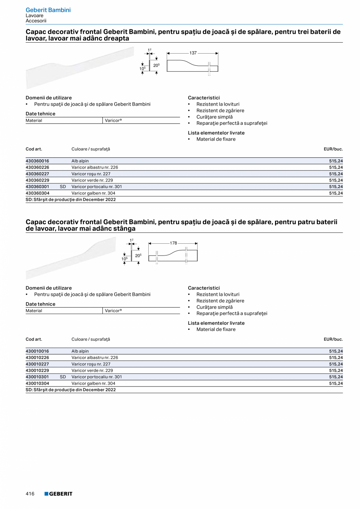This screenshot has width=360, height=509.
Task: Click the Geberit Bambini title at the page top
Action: point(48,10)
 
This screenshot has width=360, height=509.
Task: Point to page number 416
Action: point(30,494)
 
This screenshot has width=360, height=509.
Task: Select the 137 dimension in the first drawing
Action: point(193,53)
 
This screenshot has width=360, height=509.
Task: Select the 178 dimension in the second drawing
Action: point(173,243)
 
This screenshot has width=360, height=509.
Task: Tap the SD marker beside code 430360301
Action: point(63,187)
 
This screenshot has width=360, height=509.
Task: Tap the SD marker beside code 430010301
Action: point(63,377)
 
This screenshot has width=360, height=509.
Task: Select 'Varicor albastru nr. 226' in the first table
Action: point(95,167)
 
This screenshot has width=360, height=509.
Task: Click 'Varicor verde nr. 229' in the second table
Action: point(92,371)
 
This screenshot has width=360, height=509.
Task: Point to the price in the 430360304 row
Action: point(336,193)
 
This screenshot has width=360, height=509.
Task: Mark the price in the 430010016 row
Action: point(336,351)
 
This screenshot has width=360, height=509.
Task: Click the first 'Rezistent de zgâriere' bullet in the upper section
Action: point(220,111)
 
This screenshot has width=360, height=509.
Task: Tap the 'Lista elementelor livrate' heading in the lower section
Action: point(216,323)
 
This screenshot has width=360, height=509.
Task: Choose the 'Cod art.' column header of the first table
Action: point(34,149)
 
